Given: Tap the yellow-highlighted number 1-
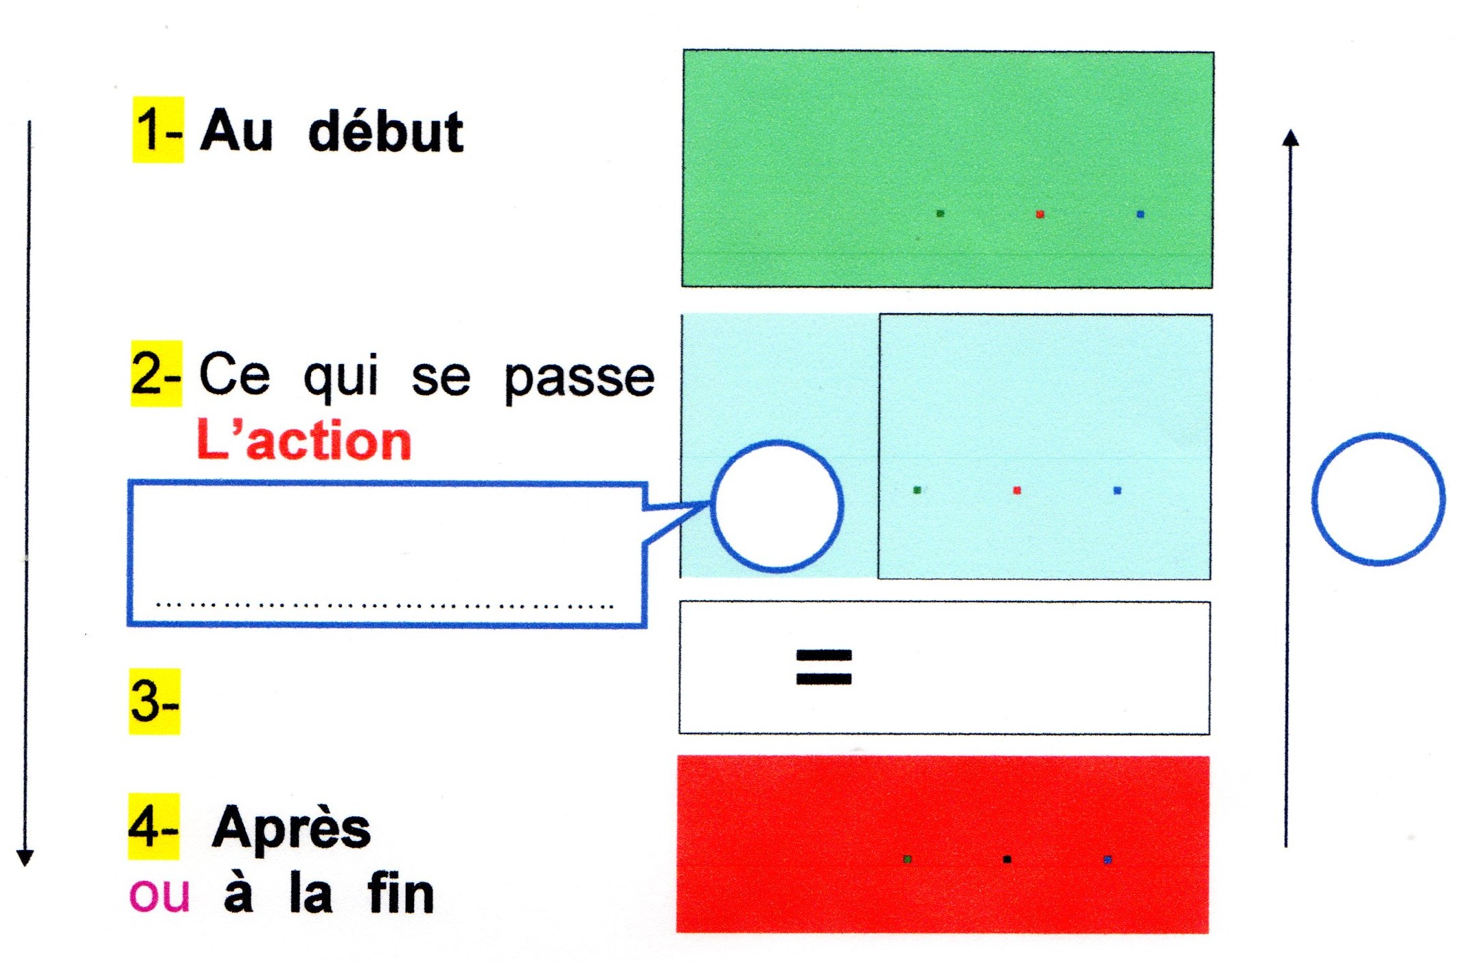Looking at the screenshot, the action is coord(158,130).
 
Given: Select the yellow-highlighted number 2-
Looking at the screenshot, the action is coord(157,374).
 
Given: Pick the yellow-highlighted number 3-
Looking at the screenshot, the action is coord(154,701).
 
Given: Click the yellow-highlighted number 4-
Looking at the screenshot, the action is coord(154,827).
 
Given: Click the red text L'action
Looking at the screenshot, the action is coord(304,440).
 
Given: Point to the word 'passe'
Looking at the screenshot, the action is coord(579,378).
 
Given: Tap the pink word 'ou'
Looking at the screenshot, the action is coord(159,895).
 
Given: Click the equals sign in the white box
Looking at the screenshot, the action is coord(823,667).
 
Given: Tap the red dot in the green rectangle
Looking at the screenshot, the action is coord(1039,214).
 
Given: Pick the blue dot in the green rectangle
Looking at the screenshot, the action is coord(1140,214).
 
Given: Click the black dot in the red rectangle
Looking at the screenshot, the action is coord(1007,859).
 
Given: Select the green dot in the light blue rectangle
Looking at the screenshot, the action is coord(917,490).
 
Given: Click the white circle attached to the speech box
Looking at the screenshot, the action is coord(712,506).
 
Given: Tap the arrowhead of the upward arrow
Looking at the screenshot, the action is coord(1291,137).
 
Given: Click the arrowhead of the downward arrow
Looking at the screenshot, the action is coord(25,858).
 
